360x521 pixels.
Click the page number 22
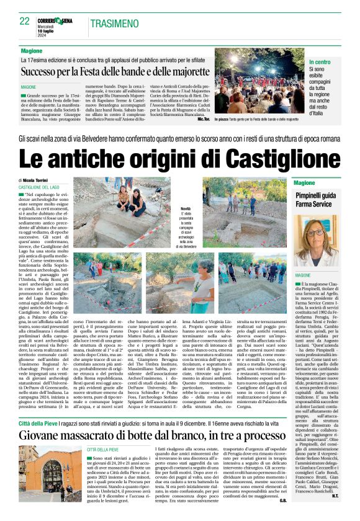tap(24, 21)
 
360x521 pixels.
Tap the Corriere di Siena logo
tap(58, 21)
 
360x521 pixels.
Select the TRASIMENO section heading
tap(115, 24)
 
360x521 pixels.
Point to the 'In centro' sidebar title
tap(320, 63)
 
